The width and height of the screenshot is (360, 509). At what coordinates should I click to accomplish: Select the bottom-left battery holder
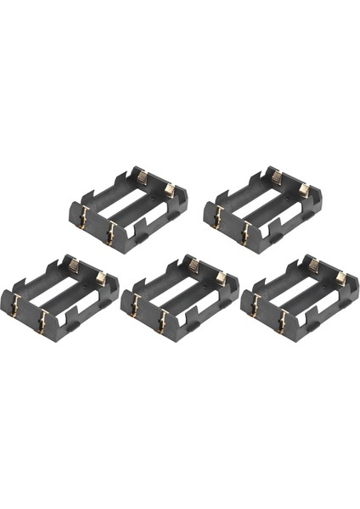coord(59,294)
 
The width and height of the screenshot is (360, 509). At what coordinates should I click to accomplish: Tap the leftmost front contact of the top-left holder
coord(82,222)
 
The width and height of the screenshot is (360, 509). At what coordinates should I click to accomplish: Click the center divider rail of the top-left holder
coord(127,206)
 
